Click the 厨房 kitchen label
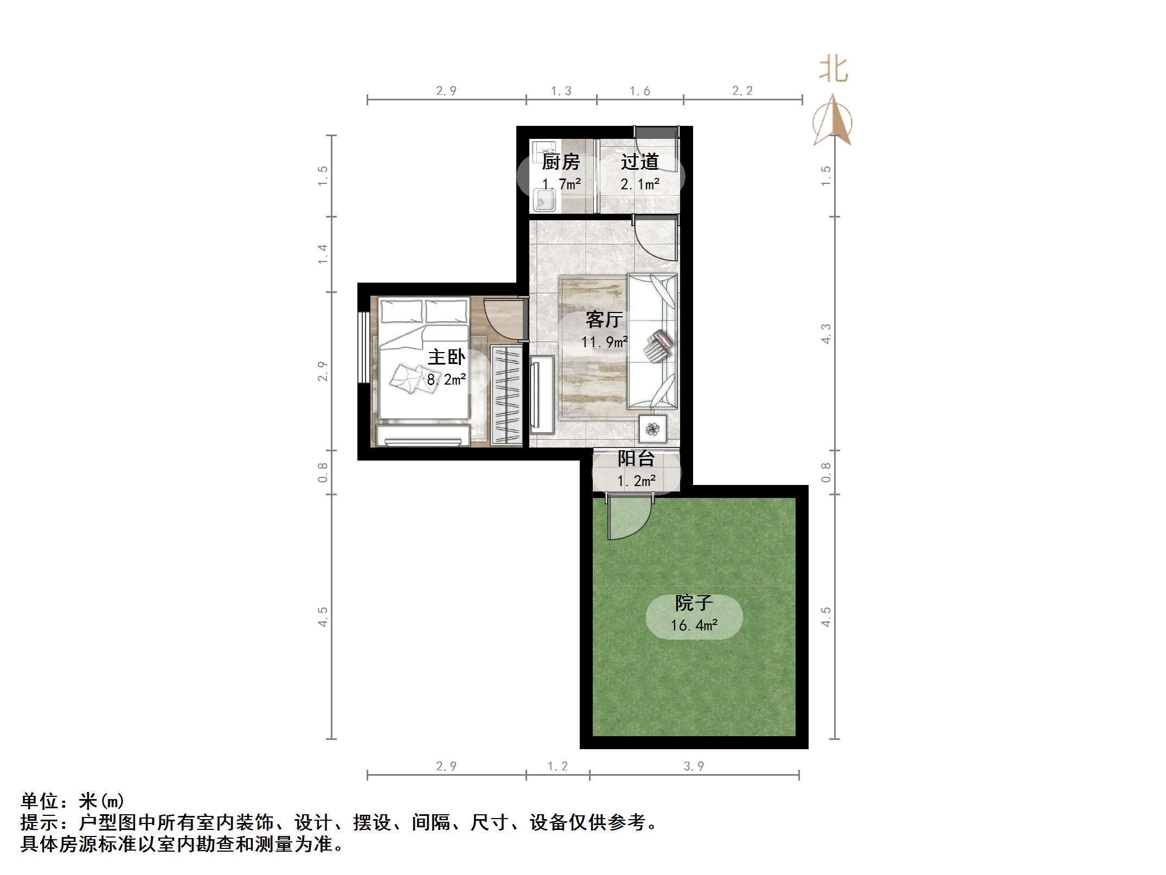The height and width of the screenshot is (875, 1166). click(561, 162)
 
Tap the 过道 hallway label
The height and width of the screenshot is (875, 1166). click(640, 162)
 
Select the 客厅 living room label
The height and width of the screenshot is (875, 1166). click(603, 320)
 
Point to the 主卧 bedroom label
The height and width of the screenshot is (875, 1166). click(446, 357)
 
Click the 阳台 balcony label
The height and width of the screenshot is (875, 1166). click(636, 459)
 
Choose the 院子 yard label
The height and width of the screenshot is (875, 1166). click(694, 603)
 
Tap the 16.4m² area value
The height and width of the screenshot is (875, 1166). click(694, 625)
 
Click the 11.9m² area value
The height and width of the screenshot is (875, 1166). click(604, 342)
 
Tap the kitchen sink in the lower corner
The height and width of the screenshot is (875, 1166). click(544, 200)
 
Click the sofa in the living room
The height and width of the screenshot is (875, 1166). click(652, 341)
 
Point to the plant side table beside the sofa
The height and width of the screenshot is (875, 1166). click(652, 429)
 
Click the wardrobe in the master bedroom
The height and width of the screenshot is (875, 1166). click(507, 395)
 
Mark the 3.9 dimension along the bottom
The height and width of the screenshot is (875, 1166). click(694, 766)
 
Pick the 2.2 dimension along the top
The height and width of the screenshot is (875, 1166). click(742, 91)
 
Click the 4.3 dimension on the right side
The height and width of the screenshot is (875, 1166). click(825, 333)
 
